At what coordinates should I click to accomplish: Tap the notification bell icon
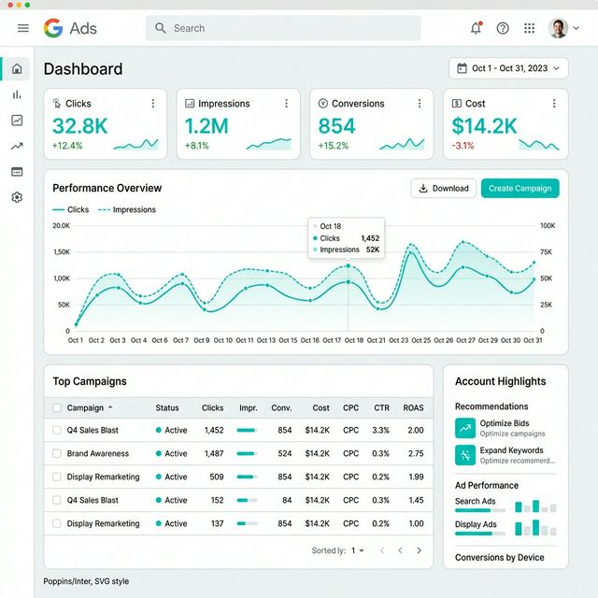[x=476, y=28]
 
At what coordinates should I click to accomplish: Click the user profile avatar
[x=558, y=28]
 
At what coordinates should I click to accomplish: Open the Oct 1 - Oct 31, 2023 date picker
[x=508, y=68]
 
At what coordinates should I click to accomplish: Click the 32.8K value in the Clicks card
[x=80, y=126]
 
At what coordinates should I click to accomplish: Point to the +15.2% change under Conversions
[x=333, y=146]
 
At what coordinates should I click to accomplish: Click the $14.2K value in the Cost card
[x=484, y=126]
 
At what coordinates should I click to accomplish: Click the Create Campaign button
[x=520, y=188]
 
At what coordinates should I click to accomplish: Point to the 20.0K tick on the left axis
[x=62, y=225]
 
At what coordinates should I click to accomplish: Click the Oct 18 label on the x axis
[x=353, y=340]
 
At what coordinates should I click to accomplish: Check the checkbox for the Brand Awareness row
[x=57, y=453]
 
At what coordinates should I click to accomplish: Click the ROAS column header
[x=413, y=407]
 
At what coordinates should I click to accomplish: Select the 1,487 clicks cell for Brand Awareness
[x=213, y=453]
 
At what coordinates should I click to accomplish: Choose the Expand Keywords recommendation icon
[x=465, y=455]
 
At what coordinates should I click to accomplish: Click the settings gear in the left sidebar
[x=16, y=197]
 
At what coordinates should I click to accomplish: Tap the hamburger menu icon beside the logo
[x=23, y=28]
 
